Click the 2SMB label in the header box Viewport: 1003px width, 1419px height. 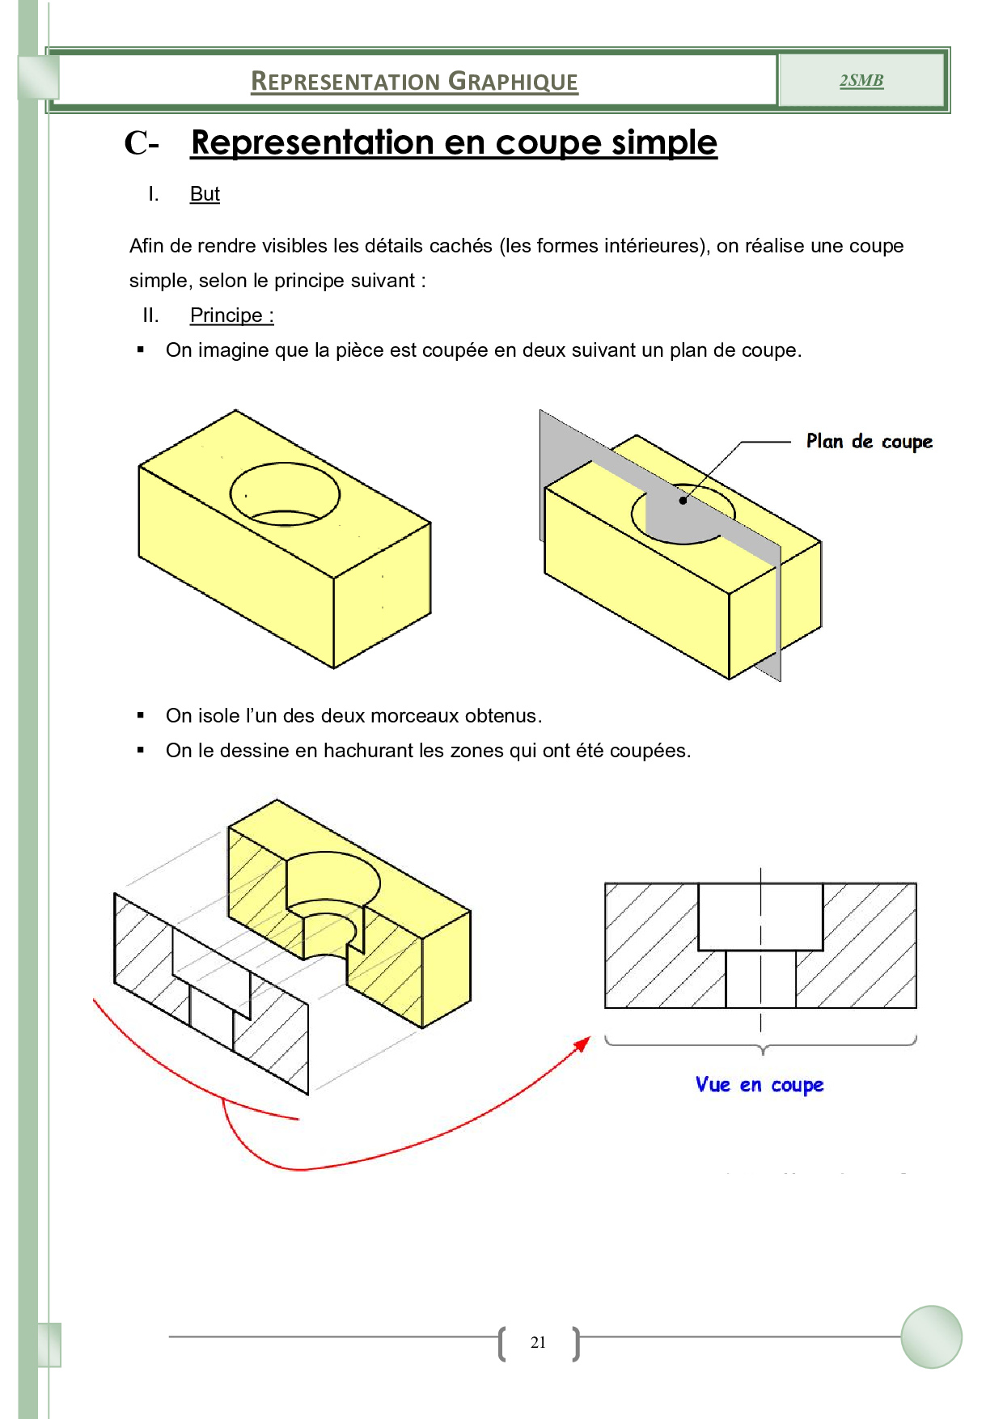[861, 80]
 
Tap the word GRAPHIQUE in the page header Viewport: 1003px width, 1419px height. [513, 82]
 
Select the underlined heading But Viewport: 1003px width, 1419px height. [205, 194]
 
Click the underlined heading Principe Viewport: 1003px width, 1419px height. [231, 316]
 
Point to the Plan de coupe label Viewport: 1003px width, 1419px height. [869, 442]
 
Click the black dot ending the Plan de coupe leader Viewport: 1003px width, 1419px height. [683, 501]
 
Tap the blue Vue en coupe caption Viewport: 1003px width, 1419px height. [759, 1085]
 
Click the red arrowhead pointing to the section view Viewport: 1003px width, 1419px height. [582, 1044]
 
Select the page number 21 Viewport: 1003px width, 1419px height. [538, 1343]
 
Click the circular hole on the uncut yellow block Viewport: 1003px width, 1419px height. [285, 493]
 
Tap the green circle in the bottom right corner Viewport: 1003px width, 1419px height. [931, 1337]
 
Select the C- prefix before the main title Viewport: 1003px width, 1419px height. [141, 144]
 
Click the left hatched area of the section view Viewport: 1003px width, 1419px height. [651, 945]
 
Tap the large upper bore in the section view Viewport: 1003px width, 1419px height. [760, 917]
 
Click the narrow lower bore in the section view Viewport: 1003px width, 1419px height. [760, 979]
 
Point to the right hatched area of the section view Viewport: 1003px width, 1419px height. [870, 945]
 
